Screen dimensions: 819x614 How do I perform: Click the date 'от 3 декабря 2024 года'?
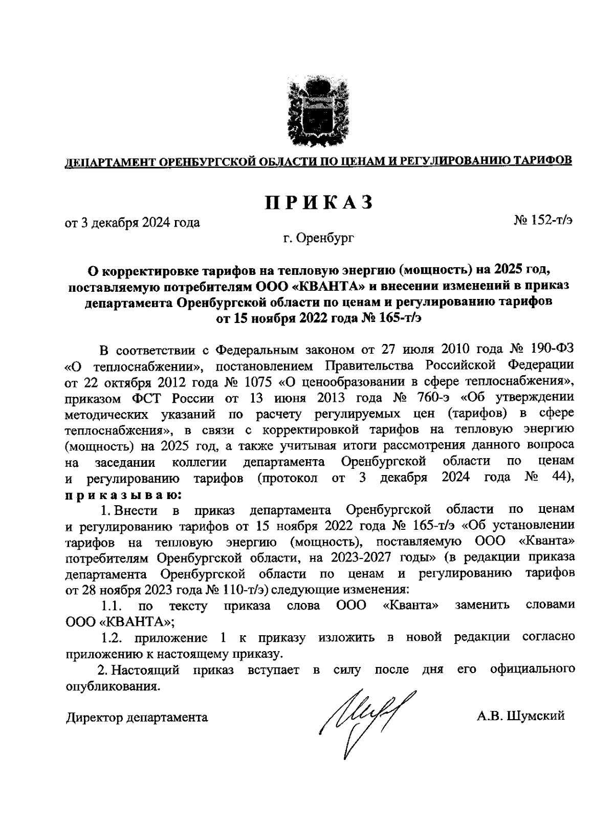pos(132,222)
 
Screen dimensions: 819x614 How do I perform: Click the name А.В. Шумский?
pos(520,716)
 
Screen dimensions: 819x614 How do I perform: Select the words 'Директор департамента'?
pos(137,717)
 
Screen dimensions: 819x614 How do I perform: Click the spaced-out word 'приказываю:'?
pos(123,495)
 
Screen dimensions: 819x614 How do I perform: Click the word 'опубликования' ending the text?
pos(112,686)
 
